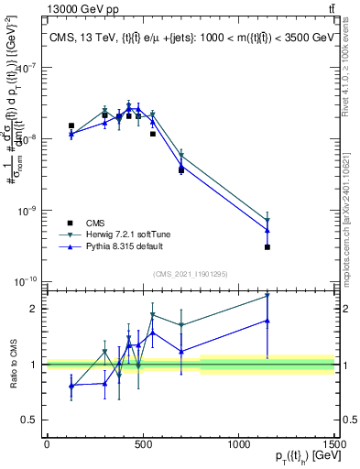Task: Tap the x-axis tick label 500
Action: [143, 443]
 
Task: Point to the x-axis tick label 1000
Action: [239, 443]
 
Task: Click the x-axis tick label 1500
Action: [333, 443]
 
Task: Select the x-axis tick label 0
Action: [47, 443]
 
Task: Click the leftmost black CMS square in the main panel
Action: [71, 125]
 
